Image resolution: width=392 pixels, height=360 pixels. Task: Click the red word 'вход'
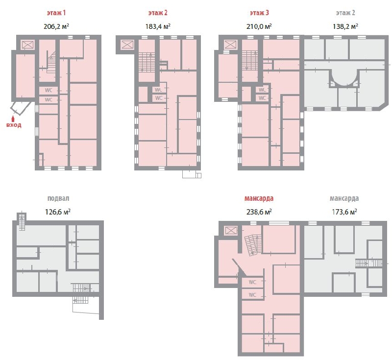[x=14, y=125]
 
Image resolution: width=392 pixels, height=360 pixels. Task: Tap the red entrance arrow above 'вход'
[x=13, y=118]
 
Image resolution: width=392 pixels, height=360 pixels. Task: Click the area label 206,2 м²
[x=56, y=26]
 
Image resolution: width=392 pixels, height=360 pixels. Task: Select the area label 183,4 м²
[x=158, y=26]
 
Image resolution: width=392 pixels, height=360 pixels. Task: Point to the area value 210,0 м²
[x=259, y=26]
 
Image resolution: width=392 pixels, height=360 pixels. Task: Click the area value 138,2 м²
[x=345, y=26]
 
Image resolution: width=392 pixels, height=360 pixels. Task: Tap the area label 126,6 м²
[x=57, y=212]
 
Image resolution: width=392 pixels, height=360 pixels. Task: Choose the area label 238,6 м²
[x=259, y=212]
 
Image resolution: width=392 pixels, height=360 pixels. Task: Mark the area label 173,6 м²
[x=344, y=212]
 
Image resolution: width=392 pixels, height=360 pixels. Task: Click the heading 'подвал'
[x=58, y=198]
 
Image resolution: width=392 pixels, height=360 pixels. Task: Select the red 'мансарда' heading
[x=259, y=198]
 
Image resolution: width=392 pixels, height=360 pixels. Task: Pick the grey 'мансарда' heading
[x=344, y=198]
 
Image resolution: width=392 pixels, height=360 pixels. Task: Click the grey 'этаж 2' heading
[x=345, y=13]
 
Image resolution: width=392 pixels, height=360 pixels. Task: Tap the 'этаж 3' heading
[x=259, y=13]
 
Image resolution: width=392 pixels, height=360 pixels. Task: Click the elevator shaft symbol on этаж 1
[x=27, y=45]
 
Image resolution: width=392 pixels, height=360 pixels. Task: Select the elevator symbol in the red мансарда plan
[x=230, y=230]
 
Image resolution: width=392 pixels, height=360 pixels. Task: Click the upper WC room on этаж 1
[x=49, y=91]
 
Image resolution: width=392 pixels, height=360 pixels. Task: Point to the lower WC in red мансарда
[x=252, y=294]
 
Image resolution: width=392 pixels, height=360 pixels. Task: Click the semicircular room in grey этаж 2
[x=344, y=78]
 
